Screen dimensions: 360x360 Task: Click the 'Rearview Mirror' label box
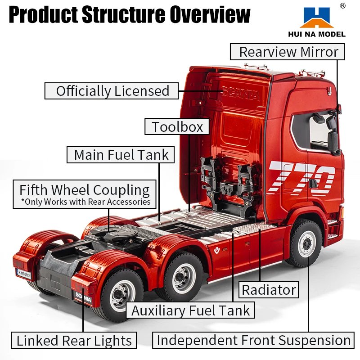(x=288, y=52)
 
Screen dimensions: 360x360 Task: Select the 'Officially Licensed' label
(x=112, y=91)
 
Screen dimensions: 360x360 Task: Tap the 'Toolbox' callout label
(x=177, y=126)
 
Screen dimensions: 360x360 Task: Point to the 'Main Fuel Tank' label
(x=121, y=155)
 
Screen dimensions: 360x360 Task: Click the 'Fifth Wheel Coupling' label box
(x=85, y=194)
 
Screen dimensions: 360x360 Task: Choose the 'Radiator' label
(x=269, y=290)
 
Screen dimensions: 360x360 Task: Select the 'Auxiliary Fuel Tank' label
(x=191, y=310)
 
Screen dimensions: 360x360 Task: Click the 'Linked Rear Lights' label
(x=74, y=340)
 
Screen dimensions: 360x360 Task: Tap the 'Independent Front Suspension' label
(x=253, y=340)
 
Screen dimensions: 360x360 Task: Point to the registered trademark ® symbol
(x=342, y=5)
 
